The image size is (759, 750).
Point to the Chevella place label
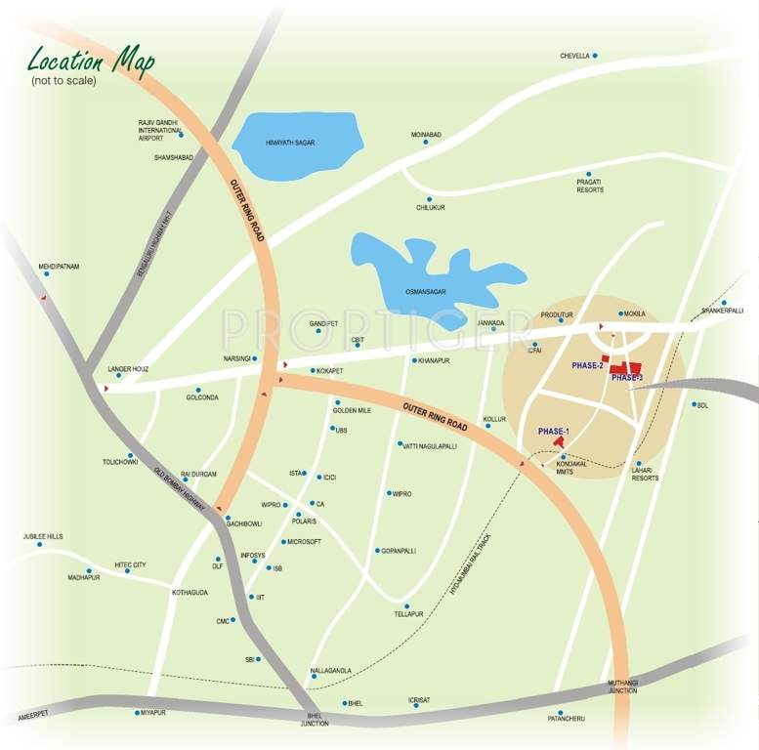[x=574, y=56]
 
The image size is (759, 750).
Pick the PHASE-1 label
[x=553, y=431]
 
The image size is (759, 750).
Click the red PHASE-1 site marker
[x=559, y=442]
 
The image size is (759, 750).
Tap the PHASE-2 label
[x=588, y=365]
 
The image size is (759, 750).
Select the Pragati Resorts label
[x=589, y=186]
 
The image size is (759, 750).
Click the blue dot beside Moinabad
[x=425, y=143]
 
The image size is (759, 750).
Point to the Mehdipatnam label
[x=58, y=265]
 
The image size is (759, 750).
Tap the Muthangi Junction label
[x=622, y=687]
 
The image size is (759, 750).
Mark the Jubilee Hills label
[x=43, y=536]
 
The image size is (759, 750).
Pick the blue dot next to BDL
[x=694, y=404]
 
